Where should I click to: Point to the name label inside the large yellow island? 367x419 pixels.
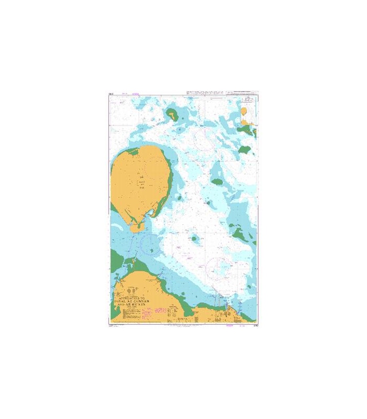click(141, 181)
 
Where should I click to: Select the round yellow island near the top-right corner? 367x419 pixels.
click(245, 111)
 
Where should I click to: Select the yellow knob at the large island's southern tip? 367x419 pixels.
click(136, 226)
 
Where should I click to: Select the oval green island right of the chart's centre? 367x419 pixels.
click(217, 183)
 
